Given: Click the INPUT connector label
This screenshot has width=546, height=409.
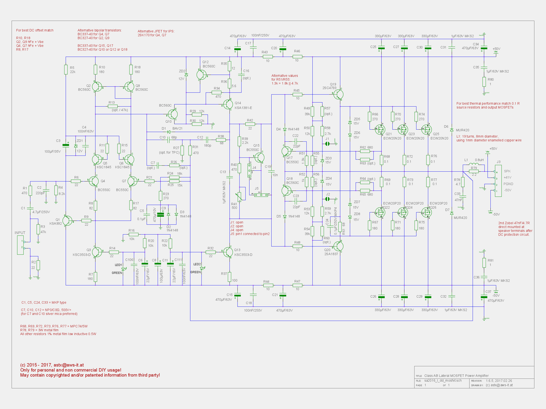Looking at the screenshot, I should pos(20,233).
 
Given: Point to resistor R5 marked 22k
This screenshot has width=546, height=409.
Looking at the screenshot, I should pos(65,70).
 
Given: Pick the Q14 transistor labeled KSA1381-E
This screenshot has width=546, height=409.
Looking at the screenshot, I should pos(227,105).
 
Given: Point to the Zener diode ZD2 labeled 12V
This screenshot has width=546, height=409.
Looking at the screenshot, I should pos(186,75).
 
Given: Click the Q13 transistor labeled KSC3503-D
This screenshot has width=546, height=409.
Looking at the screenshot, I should pos(227,252).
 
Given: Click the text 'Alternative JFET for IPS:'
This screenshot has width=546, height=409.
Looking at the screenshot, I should pos(156,31).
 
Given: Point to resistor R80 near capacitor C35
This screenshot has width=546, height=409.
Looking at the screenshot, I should pos(484,82).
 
